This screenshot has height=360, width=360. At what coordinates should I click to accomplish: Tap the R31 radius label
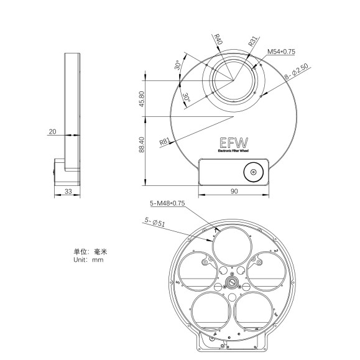[252, 42]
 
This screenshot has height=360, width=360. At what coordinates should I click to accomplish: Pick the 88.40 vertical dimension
[142, 144]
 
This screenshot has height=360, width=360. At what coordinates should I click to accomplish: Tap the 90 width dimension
[234, 192]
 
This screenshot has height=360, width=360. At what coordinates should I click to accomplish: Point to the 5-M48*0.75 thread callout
[167, 203]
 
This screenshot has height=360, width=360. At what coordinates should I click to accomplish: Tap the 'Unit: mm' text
[88, 260]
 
